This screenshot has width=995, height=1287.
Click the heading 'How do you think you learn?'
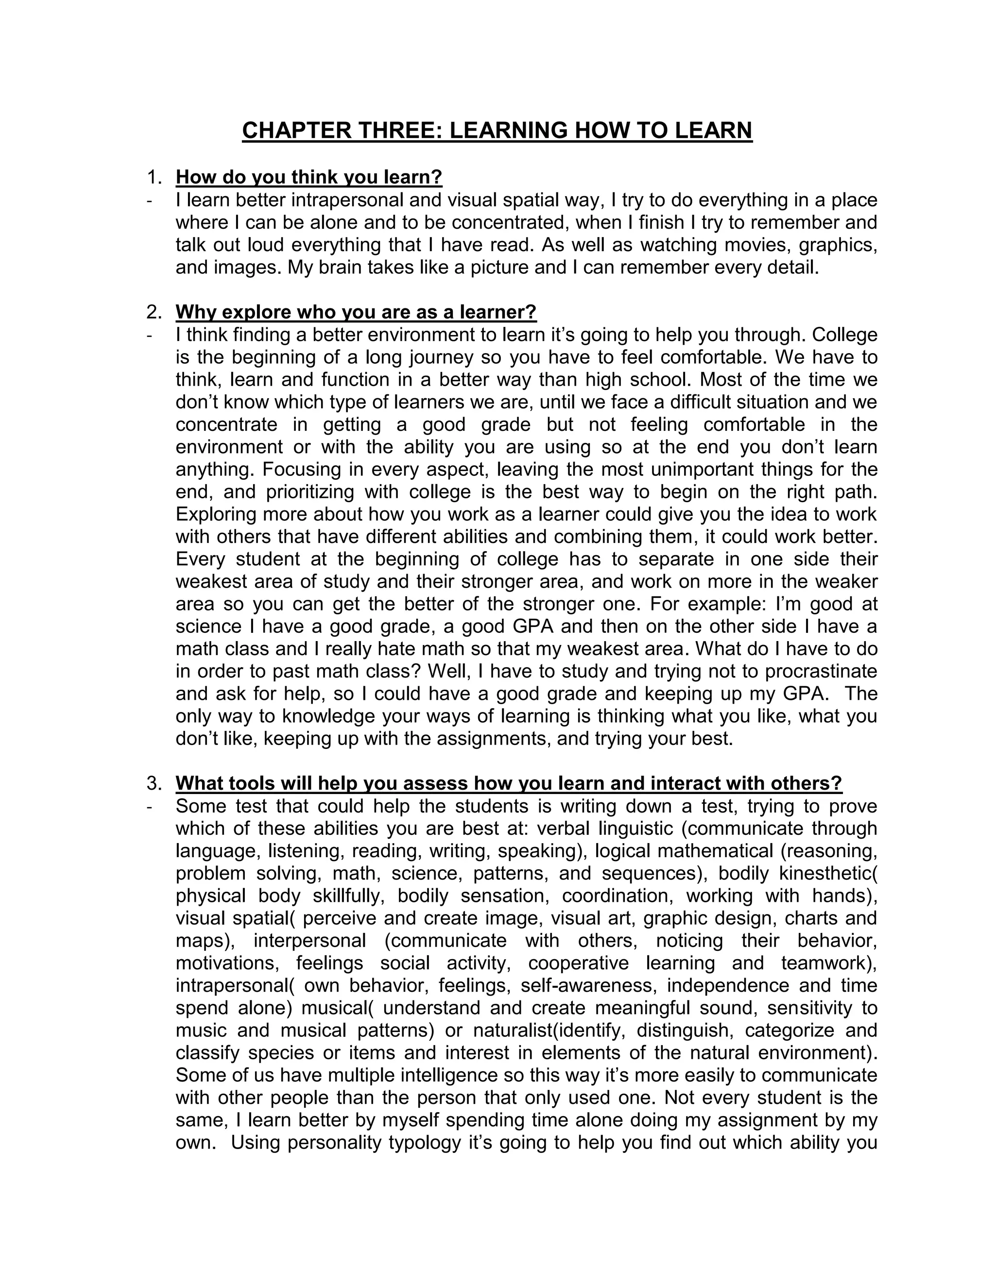(309, 177)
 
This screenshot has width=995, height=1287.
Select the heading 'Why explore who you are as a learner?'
(356, 312)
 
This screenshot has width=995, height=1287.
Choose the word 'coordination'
(617, 896)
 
